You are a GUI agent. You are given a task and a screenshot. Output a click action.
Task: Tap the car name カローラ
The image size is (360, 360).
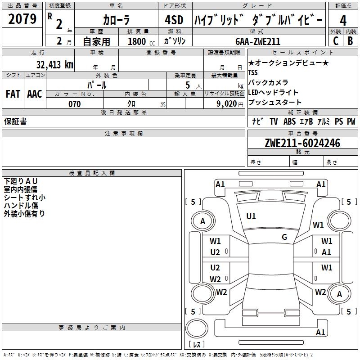[116, 21]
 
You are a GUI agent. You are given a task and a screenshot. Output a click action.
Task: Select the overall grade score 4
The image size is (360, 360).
[343, 21]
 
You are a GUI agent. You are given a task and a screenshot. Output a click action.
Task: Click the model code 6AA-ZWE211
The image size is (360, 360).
[258, 41]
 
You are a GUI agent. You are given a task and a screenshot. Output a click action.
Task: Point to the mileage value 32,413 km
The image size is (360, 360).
[54, 64]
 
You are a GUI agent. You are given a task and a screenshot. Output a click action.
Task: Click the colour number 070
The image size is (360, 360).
[75, 104]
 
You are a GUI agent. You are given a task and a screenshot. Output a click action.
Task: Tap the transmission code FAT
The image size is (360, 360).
[13, 94]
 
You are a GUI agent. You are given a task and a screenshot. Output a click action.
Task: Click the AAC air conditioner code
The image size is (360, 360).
[34, 94]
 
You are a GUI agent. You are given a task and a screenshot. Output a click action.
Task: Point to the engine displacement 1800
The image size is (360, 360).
[137, 41]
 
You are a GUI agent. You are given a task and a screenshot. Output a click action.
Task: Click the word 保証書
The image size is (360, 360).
[15, 121]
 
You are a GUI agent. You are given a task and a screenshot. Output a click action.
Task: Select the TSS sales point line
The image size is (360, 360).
[253, 72]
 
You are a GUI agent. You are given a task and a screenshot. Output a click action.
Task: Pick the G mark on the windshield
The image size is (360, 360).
[284, 237]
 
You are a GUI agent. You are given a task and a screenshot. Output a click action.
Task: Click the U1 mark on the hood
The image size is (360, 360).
[251, 216]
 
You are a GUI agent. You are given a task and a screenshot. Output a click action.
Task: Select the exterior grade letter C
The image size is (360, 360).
[336, 41]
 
